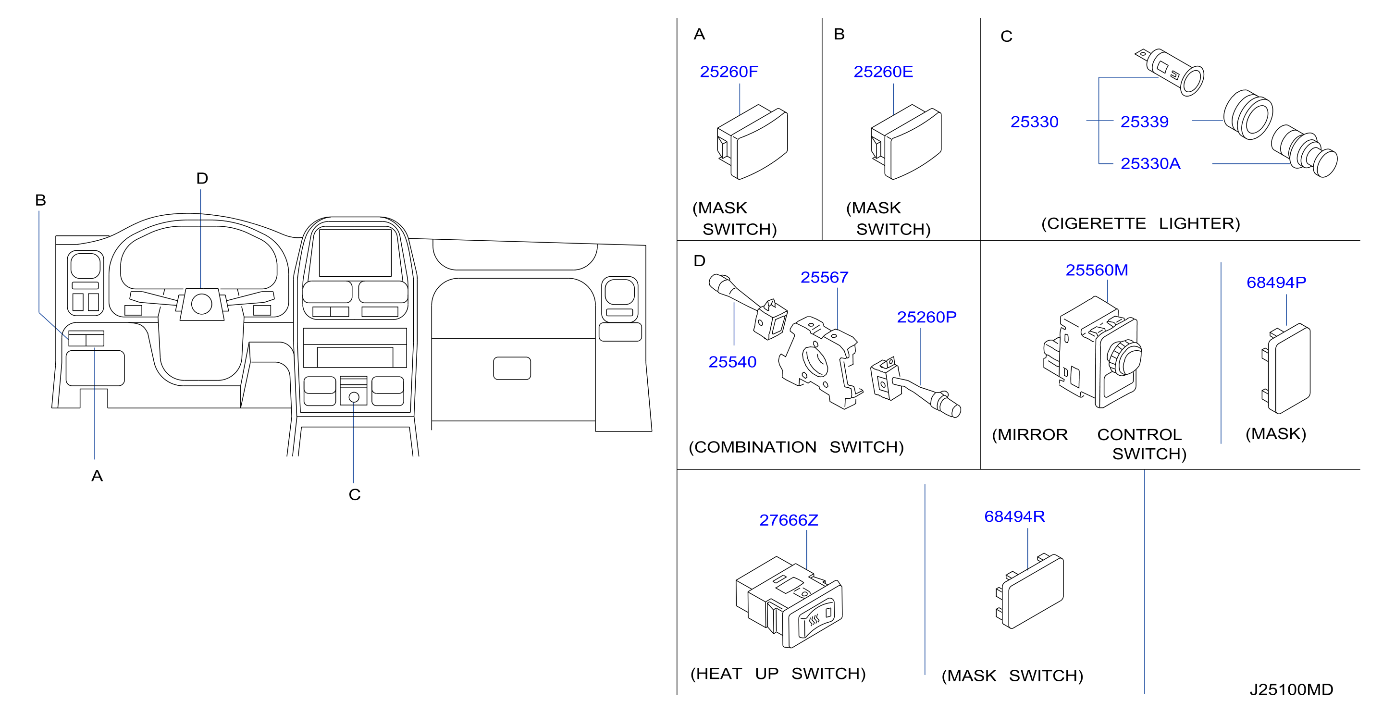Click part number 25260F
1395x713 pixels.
[729, 72]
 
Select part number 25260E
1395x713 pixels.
[883, 72]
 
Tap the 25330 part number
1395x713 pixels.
[1034, 122]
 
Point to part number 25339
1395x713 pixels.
[1144, 122]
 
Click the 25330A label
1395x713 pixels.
[1150, 163]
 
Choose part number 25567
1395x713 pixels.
[824, 277]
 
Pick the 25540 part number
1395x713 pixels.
[732, 362]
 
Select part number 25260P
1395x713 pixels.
[926, 317]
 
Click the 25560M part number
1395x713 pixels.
[1097, 270]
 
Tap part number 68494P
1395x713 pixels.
[1276, 282]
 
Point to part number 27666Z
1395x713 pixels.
[789, 520]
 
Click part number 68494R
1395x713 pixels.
[1014, 516]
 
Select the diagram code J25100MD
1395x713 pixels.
[1292, 690]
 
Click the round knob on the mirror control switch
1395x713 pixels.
[1124, 357]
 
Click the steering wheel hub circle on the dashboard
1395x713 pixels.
[201, 304]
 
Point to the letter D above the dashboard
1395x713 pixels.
[202, 178]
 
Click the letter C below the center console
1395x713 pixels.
[355, 494]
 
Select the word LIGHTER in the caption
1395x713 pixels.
[1199, 223]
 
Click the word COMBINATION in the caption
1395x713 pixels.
[752, 447]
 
